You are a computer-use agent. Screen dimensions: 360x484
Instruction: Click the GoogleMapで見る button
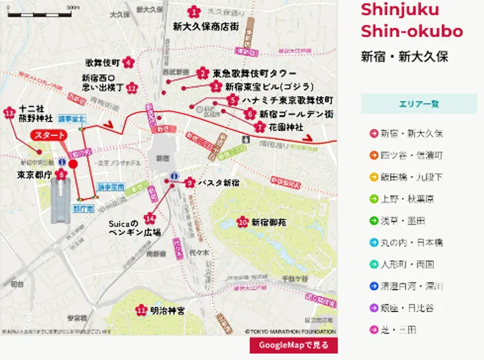(293, 345)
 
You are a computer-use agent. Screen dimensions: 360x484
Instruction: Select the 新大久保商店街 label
(206, 26)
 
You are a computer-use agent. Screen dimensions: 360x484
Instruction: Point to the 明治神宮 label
(167, 310)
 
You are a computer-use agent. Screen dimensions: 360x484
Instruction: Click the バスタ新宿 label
(218, 183)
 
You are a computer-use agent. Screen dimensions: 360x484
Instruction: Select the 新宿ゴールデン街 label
(296, 114)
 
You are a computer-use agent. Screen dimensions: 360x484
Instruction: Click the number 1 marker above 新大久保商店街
(194, 12)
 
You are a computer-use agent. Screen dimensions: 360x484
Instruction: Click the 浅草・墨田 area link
(403, 221)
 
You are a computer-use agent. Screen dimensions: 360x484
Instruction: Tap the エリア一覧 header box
(419, 104)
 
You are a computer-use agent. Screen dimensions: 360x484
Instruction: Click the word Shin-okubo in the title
(411, 31)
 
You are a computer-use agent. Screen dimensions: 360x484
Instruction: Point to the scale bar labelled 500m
(44, 13)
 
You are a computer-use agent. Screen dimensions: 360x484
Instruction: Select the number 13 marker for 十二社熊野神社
(9, 113)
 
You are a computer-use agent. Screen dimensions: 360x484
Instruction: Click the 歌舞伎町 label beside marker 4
(102, 62)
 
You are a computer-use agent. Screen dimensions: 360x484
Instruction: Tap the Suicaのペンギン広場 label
(124, 228)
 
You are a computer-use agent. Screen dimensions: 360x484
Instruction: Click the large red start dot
(73, 164)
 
